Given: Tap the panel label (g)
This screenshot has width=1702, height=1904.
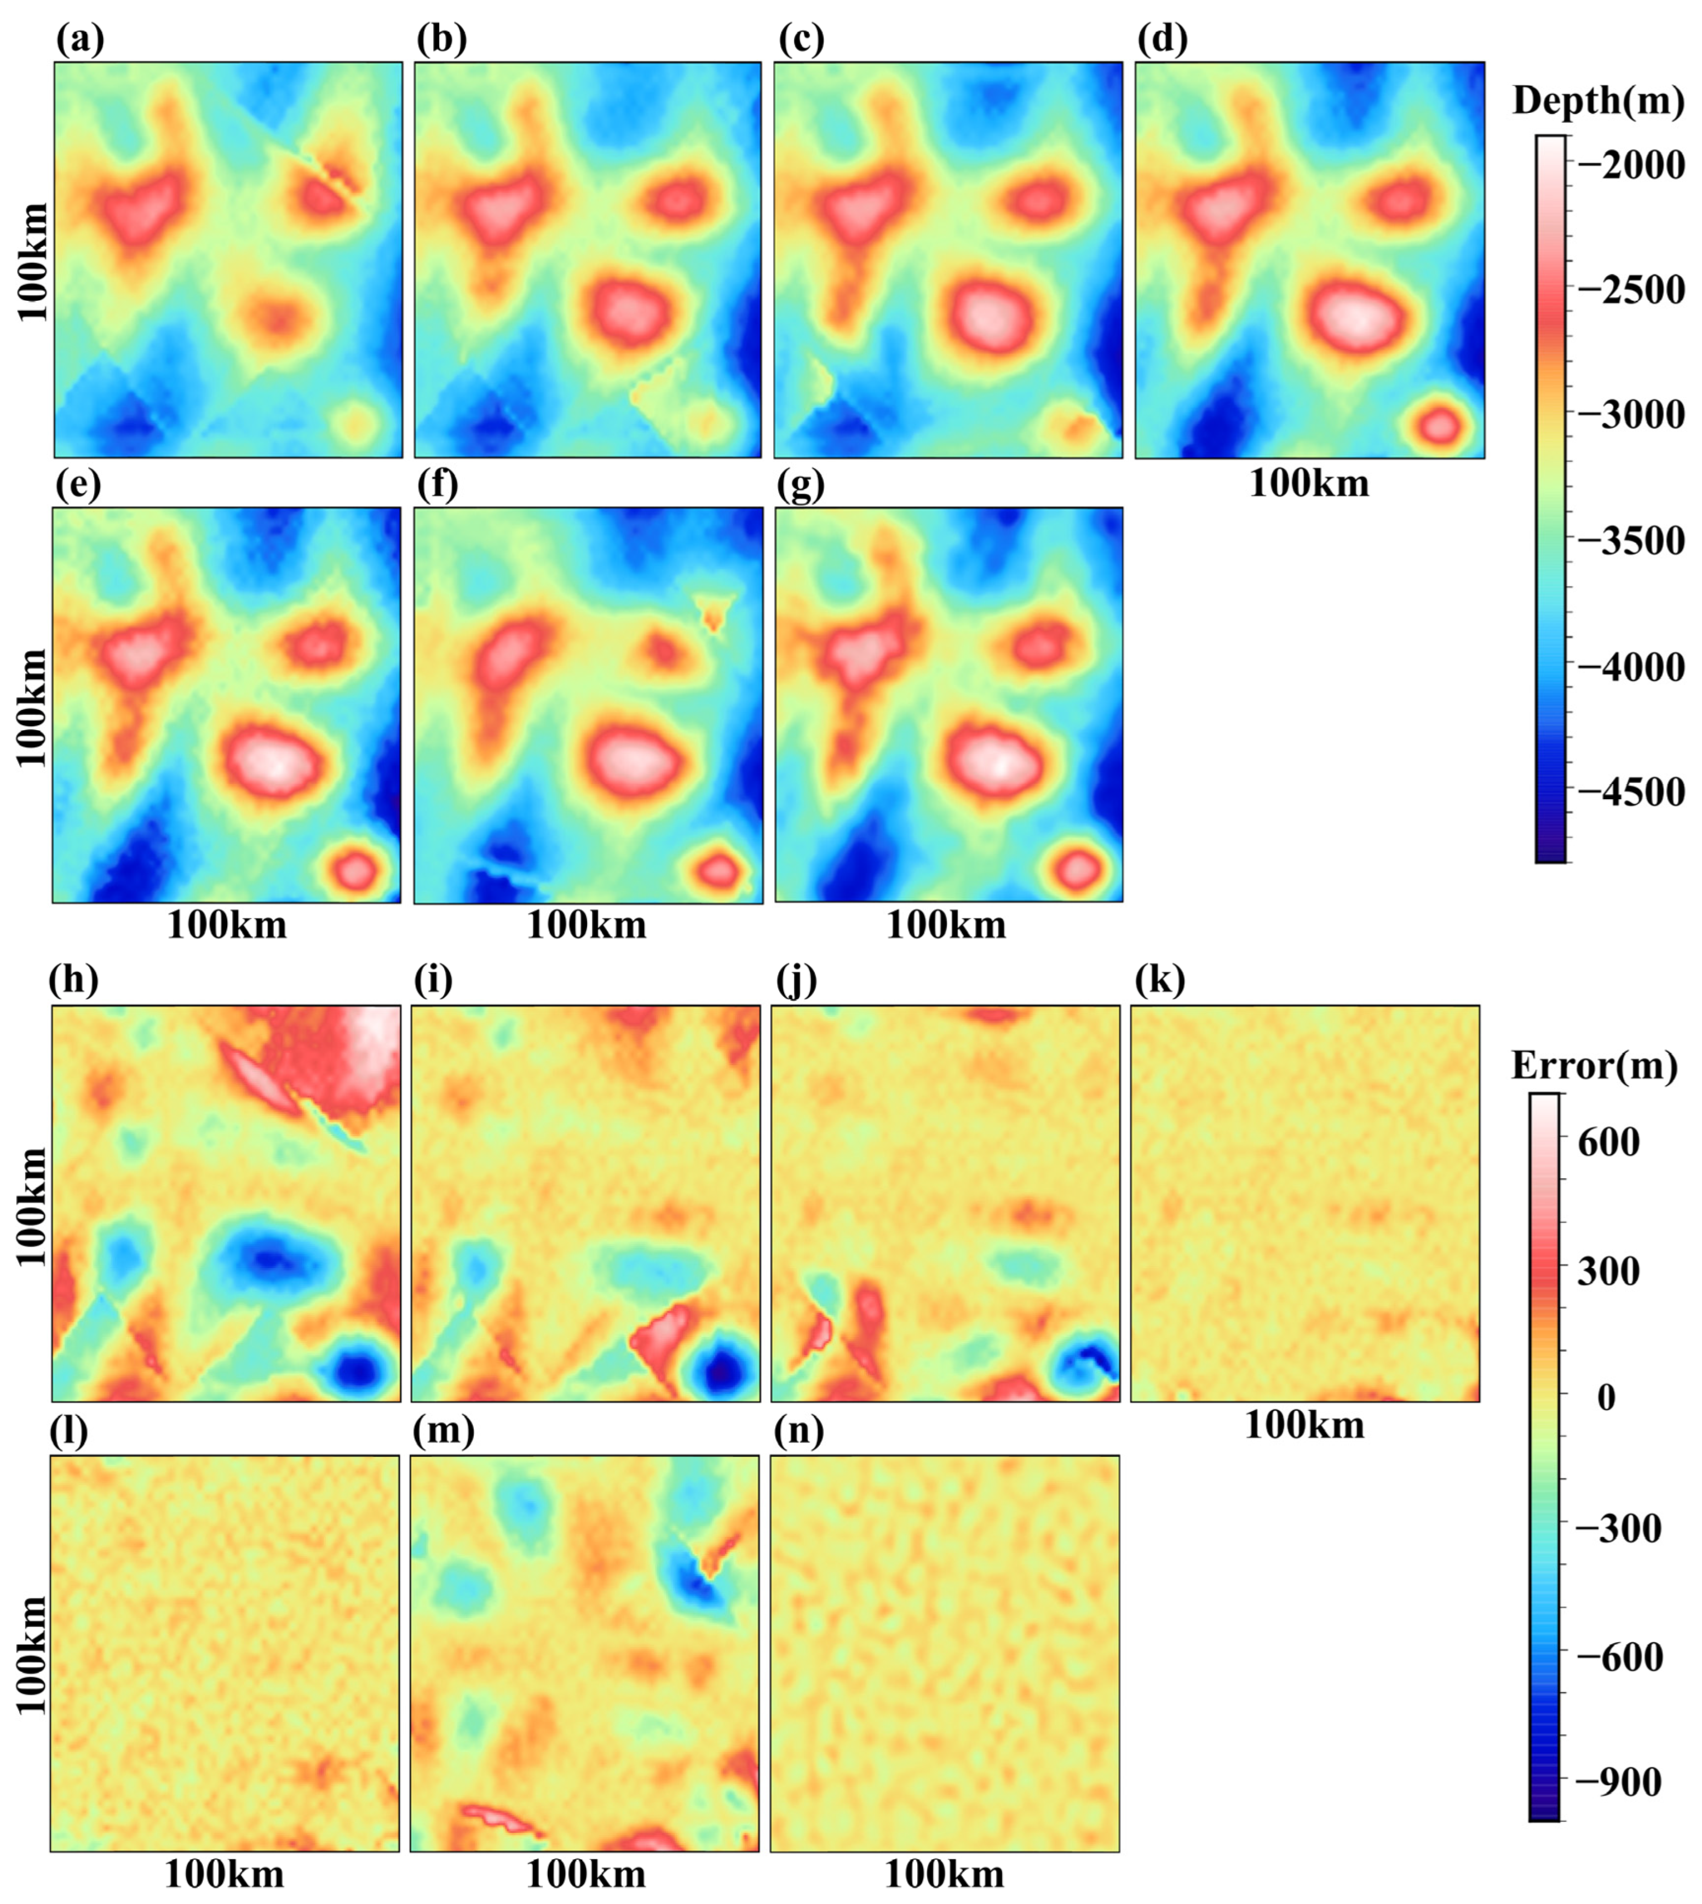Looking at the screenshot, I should (801, 486).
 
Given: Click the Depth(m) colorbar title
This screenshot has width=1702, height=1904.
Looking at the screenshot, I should (1597, 101).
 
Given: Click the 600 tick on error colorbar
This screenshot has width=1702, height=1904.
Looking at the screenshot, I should (1608, 1142).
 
